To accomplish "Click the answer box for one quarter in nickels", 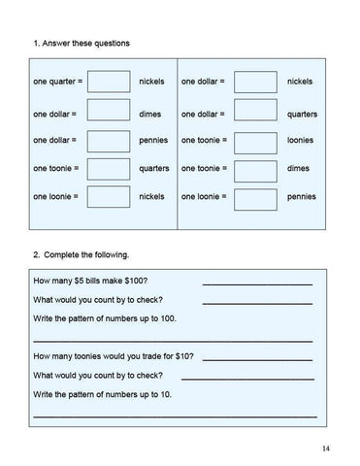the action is click(x=109, y=82).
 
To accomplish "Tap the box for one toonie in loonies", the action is click(x=256, y=140).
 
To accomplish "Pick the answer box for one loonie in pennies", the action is click(x=256, y=197).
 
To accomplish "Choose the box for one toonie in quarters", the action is click(x=109, y=168).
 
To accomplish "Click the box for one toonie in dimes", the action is click(x=256, y=168).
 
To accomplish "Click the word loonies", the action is click(x=302, y=140).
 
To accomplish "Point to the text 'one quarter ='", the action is click(x=58, y=82).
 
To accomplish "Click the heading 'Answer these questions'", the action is click(x=86, y=44).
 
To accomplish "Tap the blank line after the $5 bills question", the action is click(x=256, y=283).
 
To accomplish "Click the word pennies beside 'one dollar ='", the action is click(x=153, y=140).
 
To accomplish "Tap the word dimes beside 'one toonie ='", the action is click(x=298, y=168).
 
